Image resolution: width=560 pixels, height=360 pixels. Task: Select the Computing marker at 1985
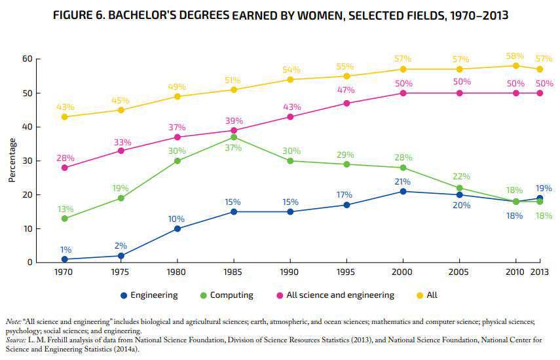coord(233,137)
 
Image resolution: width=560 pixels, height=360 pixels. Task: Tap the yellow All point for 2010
coord(516,65)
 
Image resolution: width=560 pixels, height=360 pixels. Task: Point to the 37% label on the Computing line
coord(234,148)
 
